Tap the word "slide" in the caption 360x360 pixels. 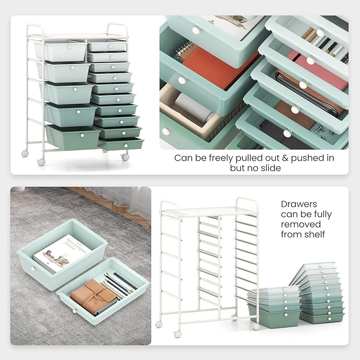(x=270, y=168)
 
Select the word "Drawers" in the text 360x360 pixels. (x=299, y=204)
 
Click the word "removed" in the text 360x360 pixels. (x=301, y=224)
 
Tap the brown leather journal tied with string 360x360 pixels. (x=93, y=296)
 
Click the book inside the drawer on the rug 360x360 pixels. (x=62, y=253)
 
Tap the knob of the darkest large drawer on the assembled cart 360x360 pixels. (x=82, y=135)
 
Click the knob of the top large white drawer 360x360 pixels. (x=69, y=47)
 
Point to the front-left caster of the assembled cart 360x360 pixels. (x=41, y=162)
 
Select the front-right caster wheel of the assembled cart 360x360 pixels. (x=125, y=157)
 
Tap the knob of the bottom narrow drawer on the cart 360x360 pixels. (x=126, y=145)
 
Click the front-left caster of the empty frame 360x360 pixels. (x=177, y=333)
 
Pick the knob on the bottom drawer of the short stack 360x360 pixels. (x=286, y=315)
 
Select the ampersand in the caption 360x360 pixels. (x=285, y=158)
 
